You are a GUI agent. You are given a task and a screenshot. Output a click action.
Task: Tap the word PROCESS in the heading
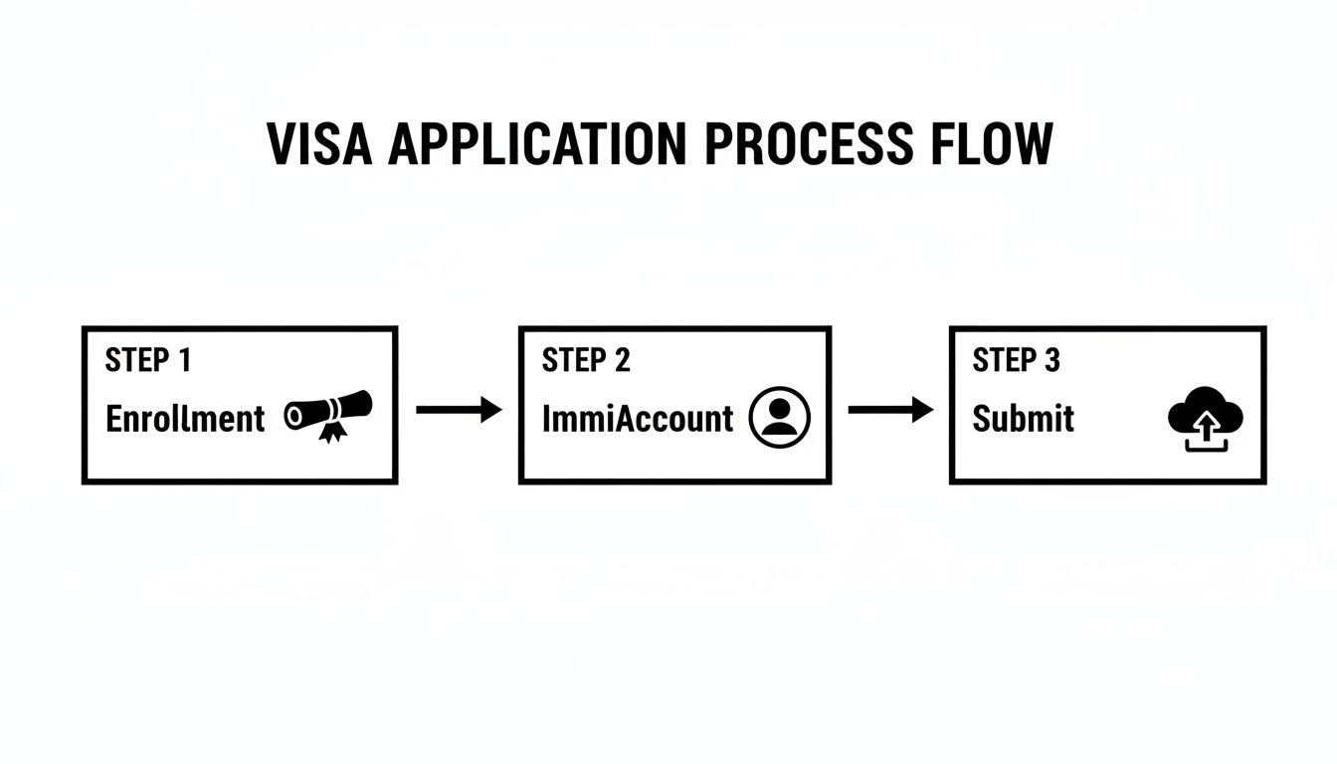[x=809, y=145]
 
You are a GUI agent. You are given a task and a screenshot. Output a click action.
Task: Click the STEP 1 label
[x=147, y=360]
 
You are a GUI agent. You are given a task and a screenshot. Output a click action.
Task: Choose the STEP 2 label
[x=585, y=360]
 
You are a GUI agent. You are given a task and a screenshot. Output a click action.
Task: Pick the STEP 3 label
[x=1016, y=360]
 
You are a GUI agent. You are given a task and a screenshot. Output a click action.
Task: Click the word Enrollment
[x=185, y=419]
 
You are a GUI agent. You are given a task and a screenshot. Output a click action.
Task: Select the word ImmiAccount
[x=637, y=419]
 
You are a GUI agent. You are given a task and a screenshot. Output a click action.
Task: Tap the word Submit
[x=1023, y=419]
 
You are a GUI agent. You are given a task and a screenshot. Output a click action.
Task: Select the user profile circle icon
[x=780, y=417]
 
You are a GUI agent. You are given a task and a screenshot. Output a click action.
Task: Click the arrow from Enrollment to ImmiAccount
[x=458, y=410]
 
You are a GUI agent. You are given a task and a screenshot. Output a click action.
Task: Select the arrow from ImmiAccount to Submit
[x=889, y=410]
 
